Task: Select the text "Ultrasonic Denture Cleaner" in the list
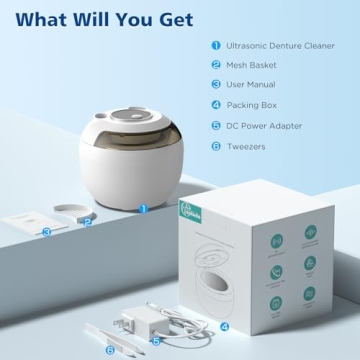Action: pyautogui.click(x=281, y=45)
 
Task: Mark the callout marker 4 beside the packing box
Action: pyautogui.click(x=224, y=325)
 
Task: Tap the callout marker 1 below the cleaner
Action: pyautogui.click(x=142, y=208)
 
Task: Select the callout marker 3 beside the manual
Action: pyautogui.click(x=46, y=231)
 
